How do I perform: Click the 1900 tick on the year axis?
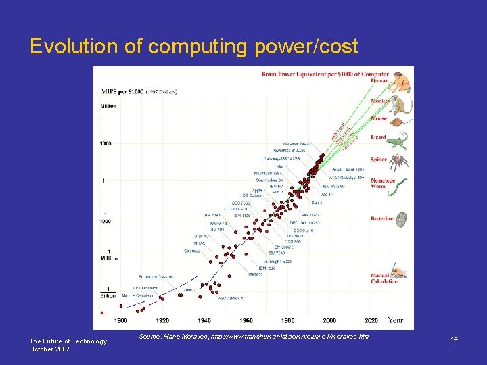tap(121, 320)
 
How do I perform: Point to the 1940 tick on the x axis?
tap(204, 320)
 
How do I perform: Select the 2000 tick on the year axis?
tap(329, 320)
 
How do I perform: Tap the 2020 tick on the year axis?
tap(371, 320)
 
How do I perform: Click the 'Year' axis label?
tap(396, 320)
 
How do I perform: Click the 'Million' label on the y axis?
tap(108, 106)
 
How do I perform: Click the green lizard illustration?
tap(400, 141)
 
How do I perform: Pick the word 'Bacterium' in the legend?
tap(382, 218)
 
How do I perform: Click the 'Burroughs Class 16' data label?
tap(156, 276)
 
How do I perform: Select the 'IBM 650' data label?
tap(255, 275)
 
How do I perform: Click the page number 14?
tap(455, 339)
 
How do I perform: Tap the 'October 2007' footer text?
tap(49, 349)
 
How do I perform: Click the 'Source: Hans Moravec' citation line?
tap(254, 336)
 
